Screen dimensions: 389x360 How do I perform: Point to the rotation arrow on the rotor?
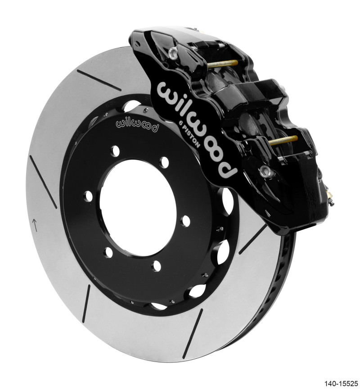click(35, 223)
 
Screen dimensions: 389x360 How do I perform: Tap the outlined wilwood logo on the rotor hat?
click(137, 125)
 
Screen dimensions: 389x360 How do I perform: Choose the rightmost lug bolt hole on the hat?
click(185, 221)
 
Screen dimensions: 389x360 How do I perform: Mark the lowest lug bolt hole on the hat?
click(156, 266)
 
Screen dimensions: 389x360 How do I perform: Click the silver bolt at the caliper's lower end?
click(265, 170)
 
